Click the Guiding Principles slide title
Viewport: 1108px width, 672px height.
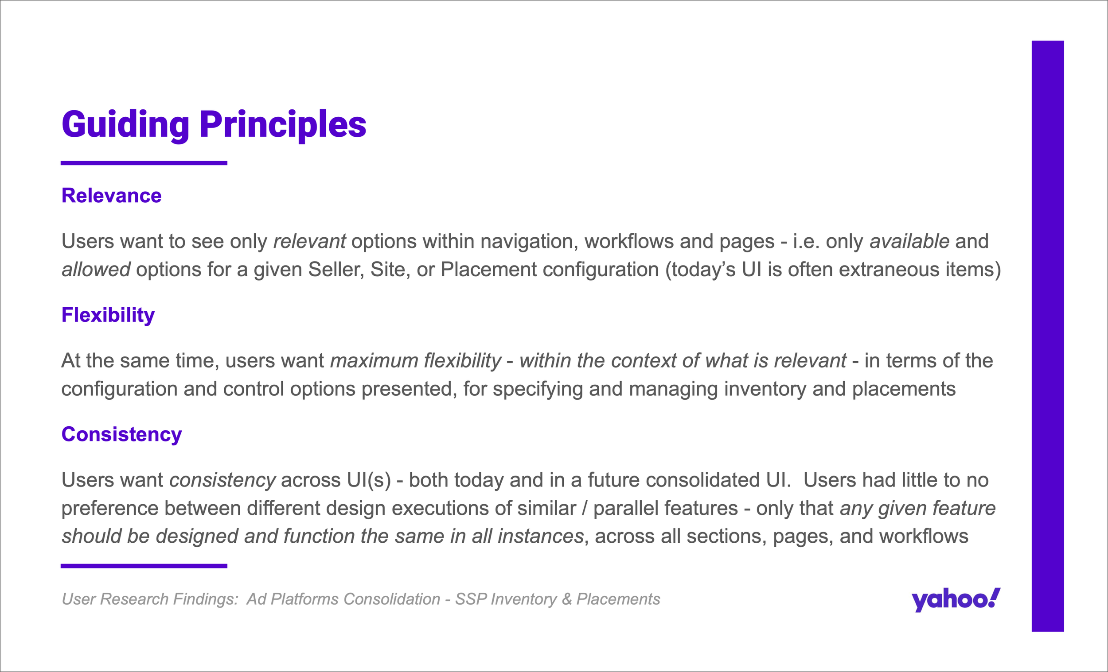214,125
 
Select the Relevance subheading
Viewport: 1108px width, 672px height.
112,195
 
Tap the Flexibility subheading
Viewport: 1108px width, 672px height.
108,315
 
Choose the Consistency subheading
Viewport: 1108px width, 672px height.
122,434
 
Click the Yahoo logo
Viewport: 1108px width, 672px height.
956,600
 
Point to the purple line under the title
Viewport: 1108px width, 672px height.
144,163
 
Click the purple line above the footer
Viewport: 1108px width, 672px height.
144,566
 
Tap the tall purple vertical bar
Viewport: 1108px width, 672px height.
1048,336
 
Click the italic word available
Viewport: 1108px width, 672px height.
909,241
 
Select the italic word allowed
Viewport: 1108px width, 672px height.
96,270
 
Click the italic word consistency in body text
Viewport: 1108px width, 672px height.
222,480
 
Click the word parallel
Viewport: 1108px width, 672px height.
626,509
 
